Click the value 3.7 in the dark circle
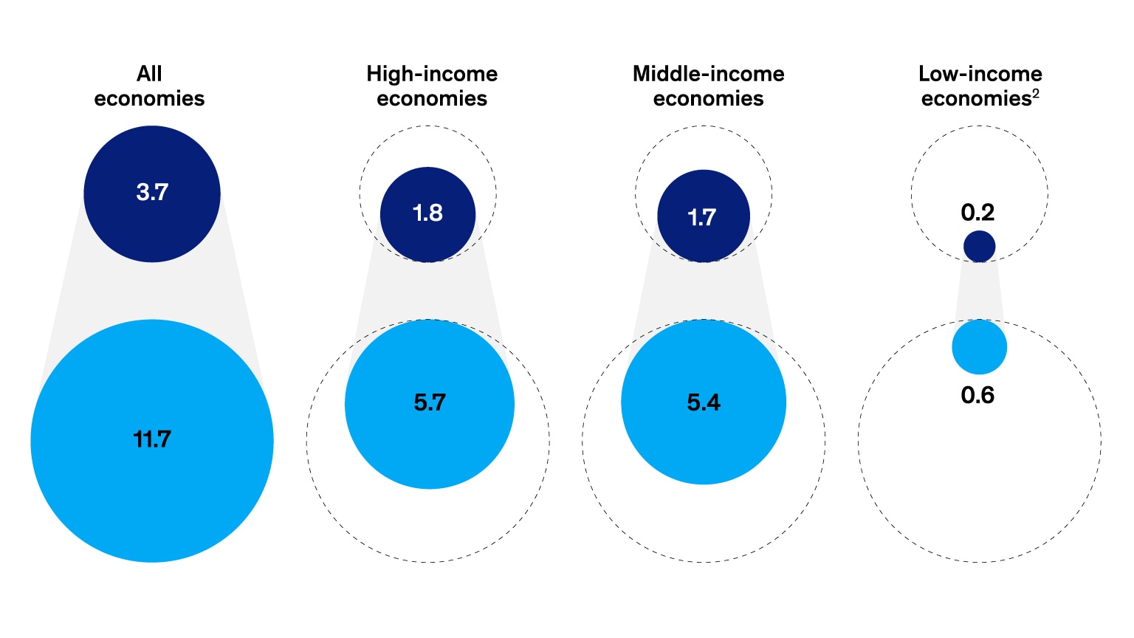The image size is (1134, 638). point(152,193)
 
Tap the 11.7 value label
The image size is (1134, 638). point(152,439)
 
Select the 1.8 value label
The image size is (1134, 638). point(427,213)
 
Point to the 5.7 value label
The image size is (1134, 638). point(430,402)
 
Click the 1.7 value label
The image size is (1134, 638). point(702,217)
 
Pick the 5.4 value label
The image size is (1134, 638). point(704,402)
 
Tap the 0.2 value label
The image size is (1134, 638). point(977,213)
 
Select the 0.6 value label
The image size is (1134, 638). point(977,396)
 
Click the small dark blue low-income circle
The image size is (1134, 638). point(980,247)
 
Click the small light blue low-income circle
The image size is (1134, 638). point(980,347)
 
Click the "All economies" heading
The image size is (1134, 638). point(149,86)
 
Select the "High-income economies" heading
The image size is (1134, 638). point(432,86)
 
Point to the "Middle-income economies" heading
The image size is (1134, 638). point(708,86)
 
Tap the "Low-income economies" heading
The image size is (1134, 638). point(980,86)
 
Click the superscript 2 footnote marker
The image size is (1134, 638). point(1036,93)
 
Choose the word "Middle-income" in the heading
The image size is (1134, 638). point(708,74)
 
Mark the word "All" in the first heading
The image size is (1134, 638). point(149,74)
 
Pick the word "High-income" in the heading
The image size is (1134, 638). point(432,74)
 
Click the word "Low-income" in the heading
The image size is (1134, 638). point(980,74)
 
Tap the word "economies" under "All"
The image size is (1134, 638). point(149,99)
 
